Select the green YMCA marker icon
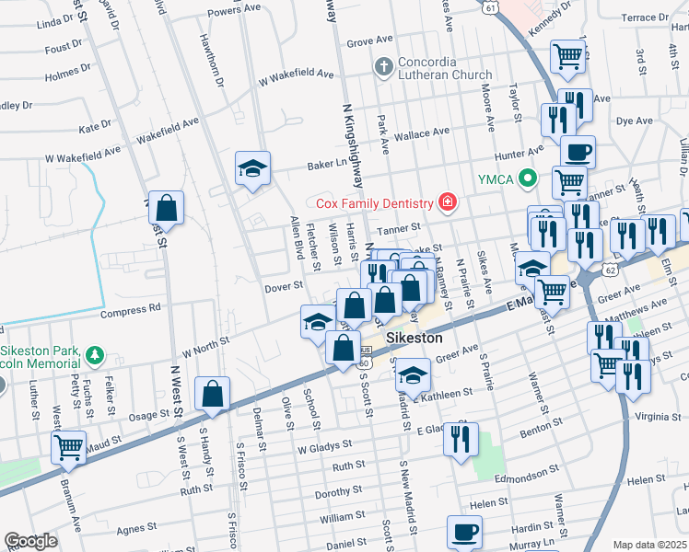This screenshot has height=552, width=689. [527, 178]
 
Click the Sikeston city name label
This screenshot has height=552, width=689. [415, 338]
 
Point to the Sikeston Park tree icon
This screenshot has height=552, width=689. [93, 354]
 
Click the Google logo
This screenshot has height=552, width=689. [30, 541]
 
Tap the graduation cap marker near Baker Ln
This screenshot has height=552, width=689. [252, 168]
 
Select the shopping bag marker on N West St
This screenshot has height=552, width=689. [167, 208]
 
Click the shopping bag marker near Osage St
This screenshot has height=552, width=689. [213, 394]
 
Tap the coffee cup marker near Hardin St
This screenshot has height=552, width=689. [464, 532]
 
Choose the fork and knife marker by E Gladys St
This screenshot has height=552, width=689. [461, 438]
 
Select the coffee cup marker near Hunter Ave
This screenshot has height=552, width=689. [578, 152]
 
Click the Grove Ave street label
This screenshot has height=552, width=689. [371, 42]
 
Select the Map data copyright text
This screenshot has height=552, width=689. [648, 544]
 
